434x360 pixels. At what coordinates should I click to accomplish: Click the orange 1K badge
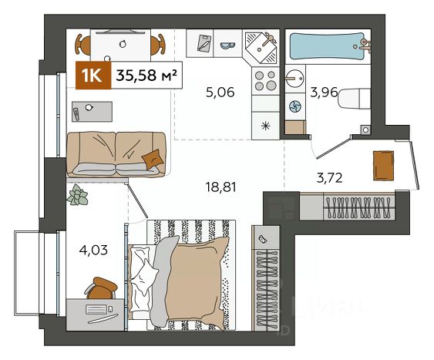pyautogui.click(x=93, y=76)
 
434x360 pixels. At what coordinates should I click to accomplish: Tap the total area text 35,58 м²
pyautogui.click(x=146, y=75)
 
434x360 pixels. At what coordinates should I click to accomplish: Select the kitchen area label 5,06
pyautogui.click(x=220, y=93)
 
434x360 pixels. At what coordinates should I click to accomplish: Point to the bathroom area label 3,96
pyautogui.click(x=324, y=93)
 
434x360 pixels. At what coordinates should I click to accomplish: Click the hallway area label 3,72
pyautogui.click(x=329, y=177)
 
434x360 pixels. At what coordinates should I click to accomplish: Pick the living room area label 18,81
pyautogui.click(x=220, y=187)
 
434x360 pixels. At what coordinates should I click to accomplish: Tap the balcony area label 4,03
pyautogui.click(x=93, y=251)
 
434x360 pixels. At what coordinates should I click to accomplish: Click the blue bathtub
pyautogui.click(x=328, y=46)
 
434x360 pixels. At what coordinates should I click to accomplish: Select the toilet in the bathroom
pyautogui.click(x=355, y=99)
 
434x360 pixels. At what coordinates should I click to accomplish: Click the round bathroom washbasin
pyautogui.click(x=295, y=79)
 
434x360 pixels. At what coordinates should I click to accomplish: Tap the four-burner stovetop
pyautogui.click(x=265, y=80)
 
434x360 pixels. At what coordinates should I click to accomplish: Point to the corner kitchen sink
pyautogui.click(x=261, y=47)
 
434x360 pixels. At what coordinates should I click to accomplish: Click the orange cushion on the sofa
pyautogui.click(x=153, y=159)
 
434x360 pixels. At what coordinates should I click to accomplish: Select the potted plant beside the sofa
pyautogui.click(x=78, y=195)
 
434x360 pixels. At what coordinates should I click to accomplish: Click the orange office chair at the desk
pyautogui.click(x=101, y=288)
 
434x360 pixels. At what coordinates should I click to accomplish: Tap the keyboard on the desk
pyautogui.click(x=96, y=309)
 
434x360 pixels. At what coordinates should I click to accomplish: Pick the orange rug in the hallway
pyautogui.click(x=383, y=166)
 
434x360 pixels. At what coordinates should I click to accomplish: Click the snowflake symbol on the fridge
pyautogui.click(x=266, y=126)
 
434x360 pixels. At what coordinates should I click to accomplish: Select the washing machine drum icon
pyautogui.click(x=295, y=106)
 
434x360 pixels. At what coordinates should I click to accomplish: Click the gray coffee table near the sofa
pyautogui.click(x=92, y=111)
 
